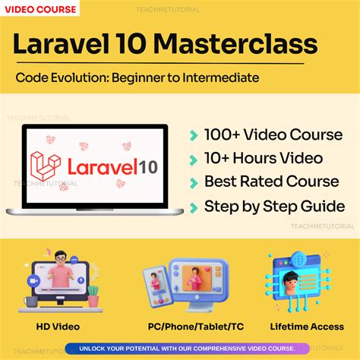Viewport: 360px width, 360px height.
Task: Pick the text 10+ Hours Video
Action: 263,159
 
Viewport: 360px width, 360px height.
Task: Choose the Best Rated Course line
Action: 272,182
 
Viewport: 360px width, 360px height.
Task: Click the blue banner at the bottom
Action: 180,348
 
